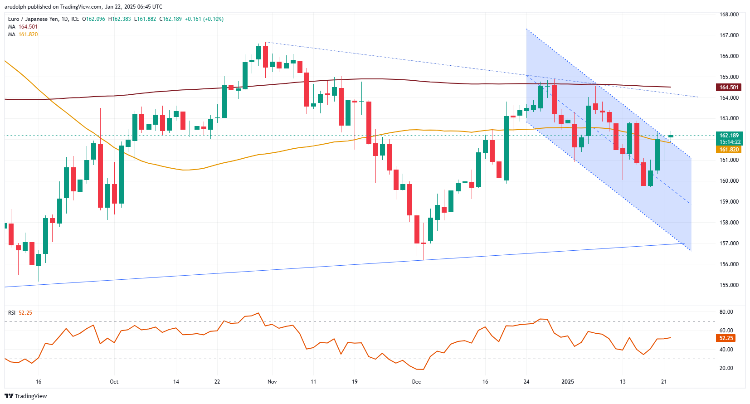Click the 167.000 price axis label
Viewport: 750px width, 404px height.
click(x=729, y=35)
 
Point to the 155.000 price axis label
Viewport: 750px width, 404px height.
click(x=729, y=285)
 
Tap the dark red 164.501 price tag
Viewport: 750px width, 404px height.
click(x=729, y=88)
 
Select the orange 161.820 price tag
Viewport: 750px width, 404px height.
click(x=729, y=150)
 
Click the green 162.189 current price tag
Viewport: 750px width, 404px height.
click(x=729, y=136)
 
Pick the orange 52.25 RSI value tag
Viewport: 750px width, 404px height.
click(x=726, y=338)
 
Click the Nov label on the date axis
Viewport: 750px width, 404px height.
click(x=272, y=382)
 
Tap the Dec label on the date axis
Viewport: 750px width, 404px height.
click(x=416, y=382)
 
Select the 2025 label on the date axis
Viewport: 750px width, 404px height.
click(x=568, y=382)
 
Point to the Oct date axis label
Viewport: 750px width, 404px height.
click(x=114, y=382)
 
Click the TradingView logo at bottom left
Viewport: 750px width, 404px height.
click(x=26, y=396)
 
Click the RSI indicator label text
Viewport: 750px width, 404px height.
click(x=12, y=313)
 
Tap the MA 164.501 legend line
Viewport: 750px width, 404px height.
click(x=23, y=27)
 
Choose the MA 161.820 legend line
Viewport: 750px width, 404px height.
click(x=23, y=34)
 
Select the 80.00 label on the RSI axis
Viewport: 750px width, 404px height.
click(x=726, y=312)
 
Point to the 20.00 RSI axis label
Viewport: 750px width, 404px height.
click(x=726, y=368)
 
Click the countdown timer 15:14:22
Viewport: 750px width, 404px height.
click(x=729, y=142)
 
